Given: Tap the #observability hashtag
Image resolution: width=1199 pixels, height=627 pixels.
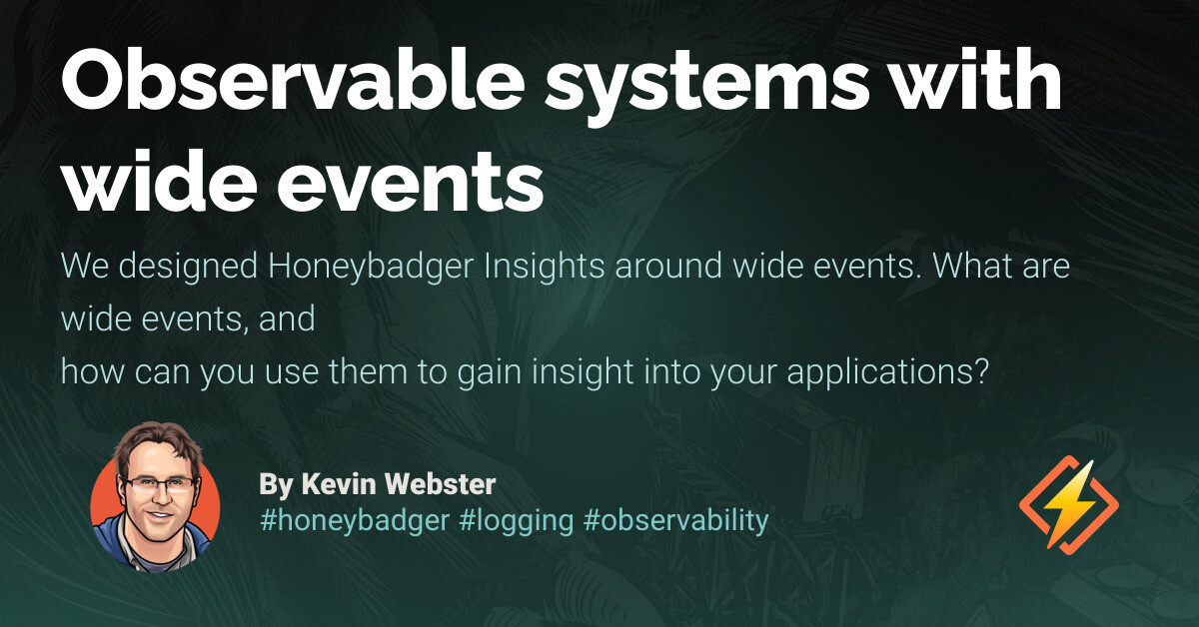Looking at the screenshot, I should pos(675,520).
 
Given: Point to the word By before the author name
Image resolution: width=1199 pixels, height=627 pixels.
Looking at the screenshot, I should pos(274,485).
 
